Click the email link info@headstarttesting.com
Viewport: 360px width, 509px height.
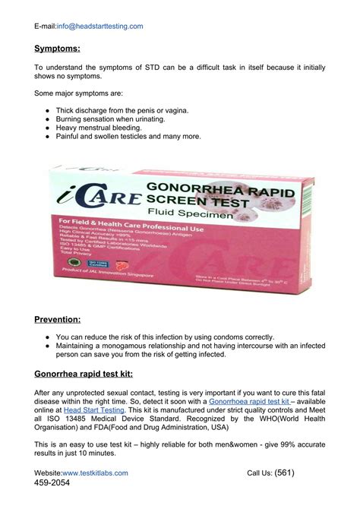pyautogui.click(x=99, y=26)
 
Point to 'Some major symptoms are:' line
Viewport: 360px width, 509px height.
pyautogui.click(x=78, y=93)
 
